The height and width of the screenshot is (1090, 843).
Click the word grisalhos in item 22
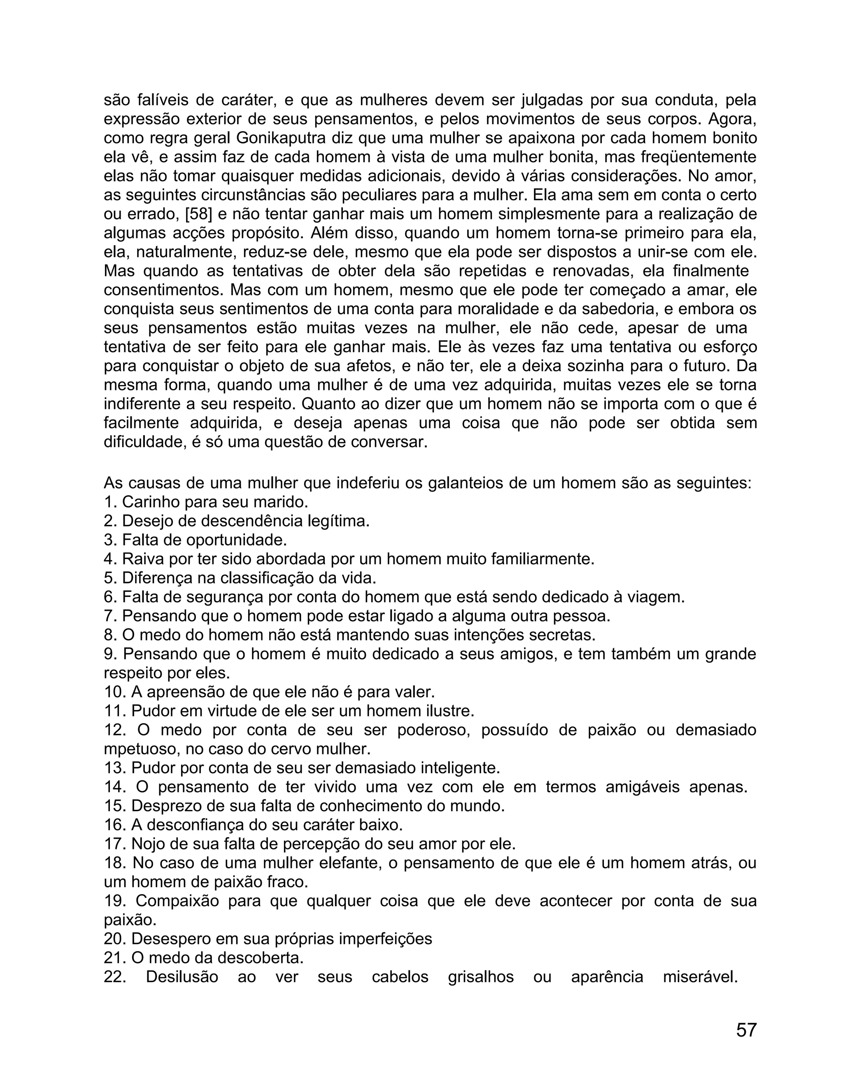pyautogui.click(x=480, y=977)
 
